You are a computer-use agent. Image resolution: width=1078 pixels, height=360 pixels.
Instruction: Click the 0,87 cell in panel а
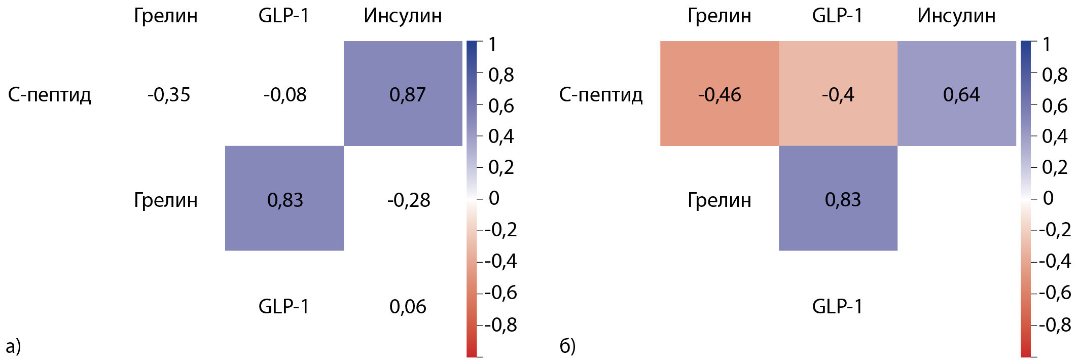pyautogui.click(x=403, y=94)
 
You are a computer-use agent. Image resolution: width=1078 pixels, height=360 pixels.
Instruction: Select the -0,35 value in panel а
pyautogui.click(x=169, y=95)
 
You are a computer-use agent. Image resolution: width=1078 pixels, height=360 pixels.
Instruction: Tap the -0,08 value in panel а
pyautogui.click(x=285, y=95)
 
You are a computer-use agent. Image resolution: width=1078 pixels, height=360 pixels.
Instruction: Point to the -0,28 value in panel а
pyautogui.click(x=409, y=200)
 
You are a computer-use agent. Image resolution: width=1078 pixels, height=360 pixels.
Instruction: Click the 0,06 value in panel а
pyautogui.click(x=408, y=306)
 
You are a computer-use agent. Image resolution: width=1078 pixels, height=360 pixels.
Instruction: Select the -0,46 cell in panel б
pyautogui.click(x=719, y=94)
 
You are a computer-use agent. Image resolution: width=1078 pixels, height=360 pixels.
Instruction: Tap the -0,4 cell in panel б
pyautogui.click(x=838, y=94)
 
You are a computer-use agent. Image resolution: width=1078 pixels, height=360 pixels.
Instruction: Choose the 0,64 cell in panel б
pyautogui.click(x=957, y=94)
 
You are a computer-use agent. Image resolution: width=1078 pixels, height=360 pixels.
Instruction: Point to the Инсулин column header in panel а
pyautogui.click(x=403, y=16)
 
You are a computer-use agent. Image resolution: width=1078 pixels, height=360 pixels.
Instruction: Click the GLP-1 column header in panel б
pyautogui.click(x=837, y=16)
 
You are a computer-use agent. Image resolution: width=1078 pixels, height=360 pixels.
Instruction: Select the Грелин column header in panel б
pyautogui.click(x=719, y=16)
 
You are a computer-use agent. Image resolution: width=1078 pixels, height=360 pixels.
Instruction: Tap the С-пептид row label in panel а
pyautogui.click(x=50, y=95)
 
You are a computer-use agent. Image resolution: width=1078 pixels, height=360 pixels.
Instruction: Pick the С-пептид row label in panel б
pyautogui.click(x=601, y=95)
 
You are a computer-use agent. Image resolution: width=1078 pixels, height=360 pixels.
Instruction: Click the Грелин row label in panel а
pyautogui.click(x=166, y=200)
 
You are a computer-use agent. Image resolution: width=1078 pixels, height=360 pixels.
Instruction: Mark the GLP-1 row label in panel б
pyautogui.click(x=837, y=306)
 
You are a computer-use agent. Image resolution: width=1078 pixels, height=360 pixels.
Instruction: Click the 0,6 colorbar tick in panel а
pyautogui.click(x=501, y=106)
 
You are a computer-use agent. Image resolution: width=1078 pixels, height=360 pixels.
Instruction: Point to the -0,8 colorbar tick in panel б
pyautogui.click(x=1055, y=325)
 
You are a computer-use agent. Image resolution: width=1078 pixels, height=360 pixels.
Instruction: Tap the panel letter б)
pyautogui.click(x=567, y=346)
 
